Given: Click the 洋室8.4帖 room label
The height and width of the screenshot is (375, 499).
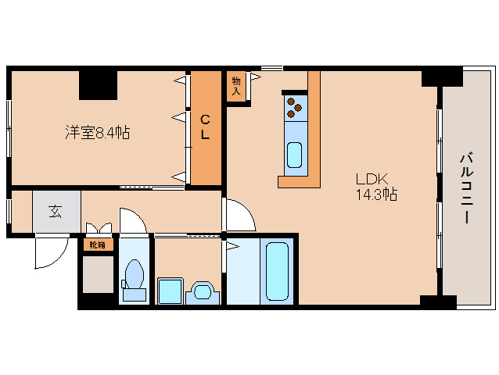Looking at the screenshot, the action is pos(98,132).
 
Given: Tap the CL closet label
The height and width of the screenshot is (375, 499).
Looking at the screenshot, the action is pos(205,127).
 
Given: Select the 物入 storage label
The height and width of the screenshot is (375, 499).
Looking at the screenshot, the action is pos(236,86).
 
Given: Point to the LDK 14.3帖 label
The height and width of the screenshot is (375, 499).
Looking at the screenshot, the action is pos(376,187).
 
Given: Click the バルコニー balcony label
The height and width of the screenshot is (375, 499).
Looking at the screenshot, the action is pos(466,188).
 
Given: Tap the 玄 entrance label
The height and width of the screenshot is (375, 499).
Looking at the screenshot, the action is pos(56,212).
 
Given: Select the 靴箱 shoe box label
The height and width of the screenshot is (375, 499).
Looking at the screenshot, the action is pos(97,245).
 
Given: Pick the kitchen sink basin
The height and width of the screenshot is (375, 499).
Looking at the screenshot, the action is pos(294,155).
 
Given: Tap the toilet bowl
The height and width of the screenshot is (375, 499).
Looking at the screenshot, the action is pos(135,274).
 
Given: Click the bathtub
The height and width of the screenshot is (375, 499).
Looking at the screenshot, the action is pos(277,271).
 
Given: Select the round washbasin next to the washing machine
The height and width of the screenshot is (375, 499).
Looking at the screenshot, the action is pos(203,291).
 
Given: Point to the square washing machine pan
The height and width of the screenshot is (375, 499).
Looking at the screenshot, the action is pos(171,291).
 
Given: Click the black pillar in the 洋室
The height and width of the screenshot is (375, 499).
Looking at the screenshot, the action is pos(99,85).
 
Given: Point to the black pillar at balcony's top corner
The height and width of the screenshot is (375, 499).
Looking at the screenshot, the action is pos(442,77).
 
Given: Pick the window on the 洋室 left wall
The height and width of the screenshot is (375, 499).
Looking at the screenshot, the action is pos(9,128).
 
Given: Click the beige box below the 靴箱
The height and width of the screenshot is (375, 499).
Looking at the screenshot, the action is pos(98,274).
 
